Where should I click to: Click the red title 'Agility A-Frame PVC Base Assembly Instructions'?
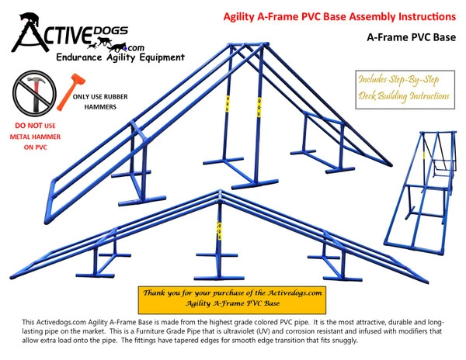329,16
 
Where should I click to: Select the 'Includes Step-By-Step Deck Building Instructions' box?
404,87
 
